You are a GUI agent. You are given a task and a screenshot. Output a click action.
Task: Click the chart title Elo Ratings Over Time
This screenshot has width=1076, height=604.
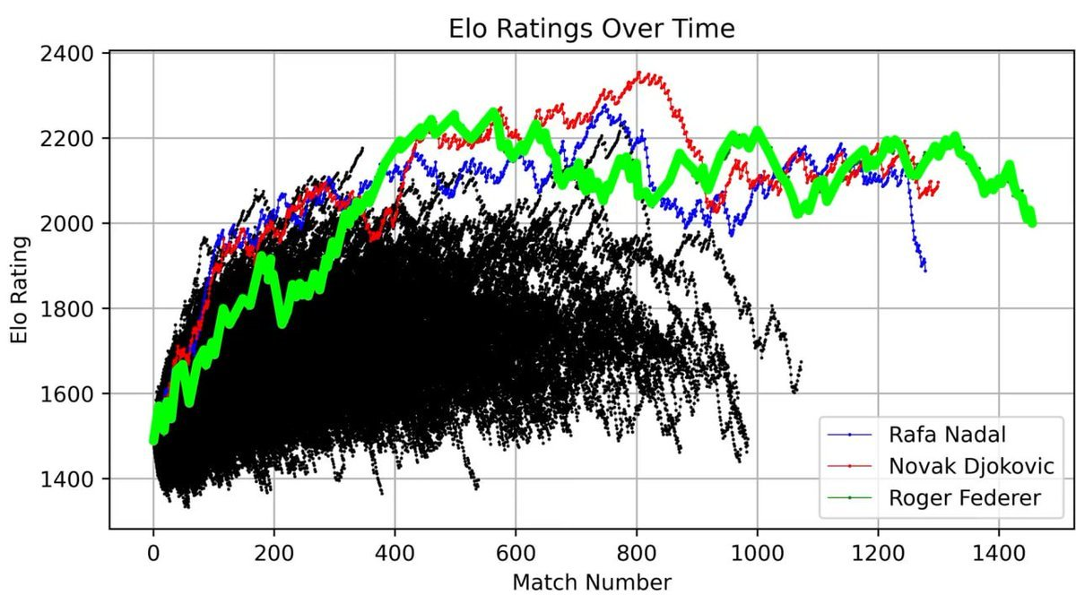[x=591, y=29]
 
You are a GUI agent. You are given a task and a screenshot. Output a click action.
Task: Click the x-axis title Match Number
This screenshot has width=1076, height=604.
[x=591, y=582]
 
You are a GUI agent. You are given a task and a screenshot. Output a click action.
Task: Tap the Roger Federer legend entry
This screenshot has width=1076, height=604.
[x=964, y=498]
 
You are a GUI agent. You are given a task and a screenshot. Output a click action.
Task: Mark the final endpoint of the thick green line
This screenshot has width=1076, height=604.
[x=1032, y=221]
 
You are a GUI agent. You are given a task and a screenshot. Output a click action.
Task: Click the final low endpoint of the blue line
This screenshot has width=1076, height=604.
[x=924, y=270]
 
